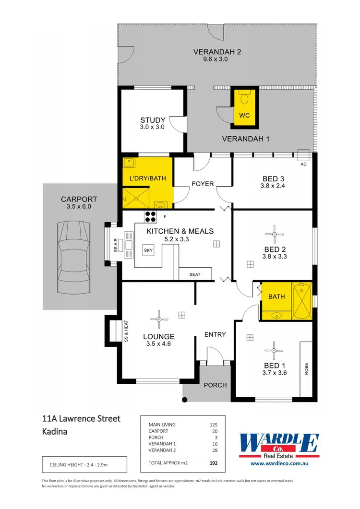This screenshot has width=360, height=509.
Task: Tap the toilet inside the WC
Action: (244, 98)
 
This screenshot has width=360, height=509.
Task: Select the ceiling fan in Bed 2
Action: (274, 234)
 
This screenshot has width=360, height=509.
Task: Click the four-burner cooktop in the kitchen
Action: (150, 216)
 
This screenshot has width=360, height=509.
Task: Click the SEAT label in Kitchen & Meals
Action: (195, 274)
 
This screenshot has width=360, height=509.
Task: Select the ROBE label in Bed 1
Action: (306, 368)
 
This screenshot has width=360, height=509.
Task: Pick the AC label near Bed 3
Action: (303, 164)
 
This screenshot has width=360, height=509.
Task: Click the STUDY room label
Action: (153, 120)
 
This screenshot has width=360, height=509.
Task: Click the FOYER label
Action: (203, 184)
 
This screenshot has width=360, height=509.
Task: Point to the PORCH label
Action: (215, 385)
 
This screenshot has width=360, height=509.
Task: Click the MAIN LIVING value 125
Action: (214, 425)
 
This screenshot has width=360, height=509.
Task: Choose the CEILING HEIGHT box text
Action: (84, 465)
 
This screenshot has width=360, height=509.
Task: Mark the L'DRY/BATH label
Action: (148, 178)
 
